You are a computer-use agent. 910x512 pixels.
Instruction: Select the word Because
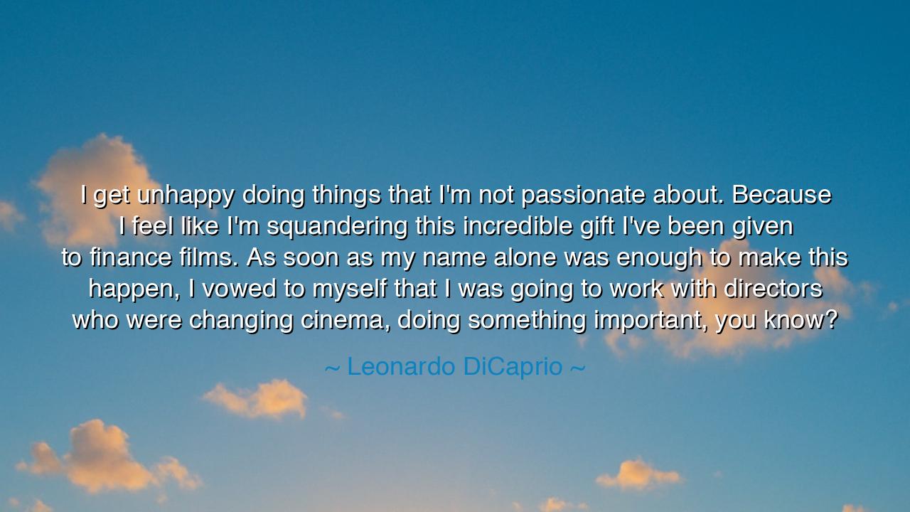click(x=781, y=195)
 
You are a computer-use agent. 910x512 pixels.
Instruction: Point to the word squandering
click(x=337, y=227)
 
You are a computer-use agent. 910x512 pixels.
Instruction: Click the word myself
click(x=349, y=289)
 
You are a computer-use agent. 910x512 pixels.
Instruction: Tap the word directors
click(x=773, y=289)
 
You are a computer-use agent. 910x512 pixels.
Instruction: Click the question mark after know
click(x=831, y=320)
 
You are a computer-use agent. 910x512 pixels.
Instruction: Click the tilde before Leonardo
click(x=332, y=368)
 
